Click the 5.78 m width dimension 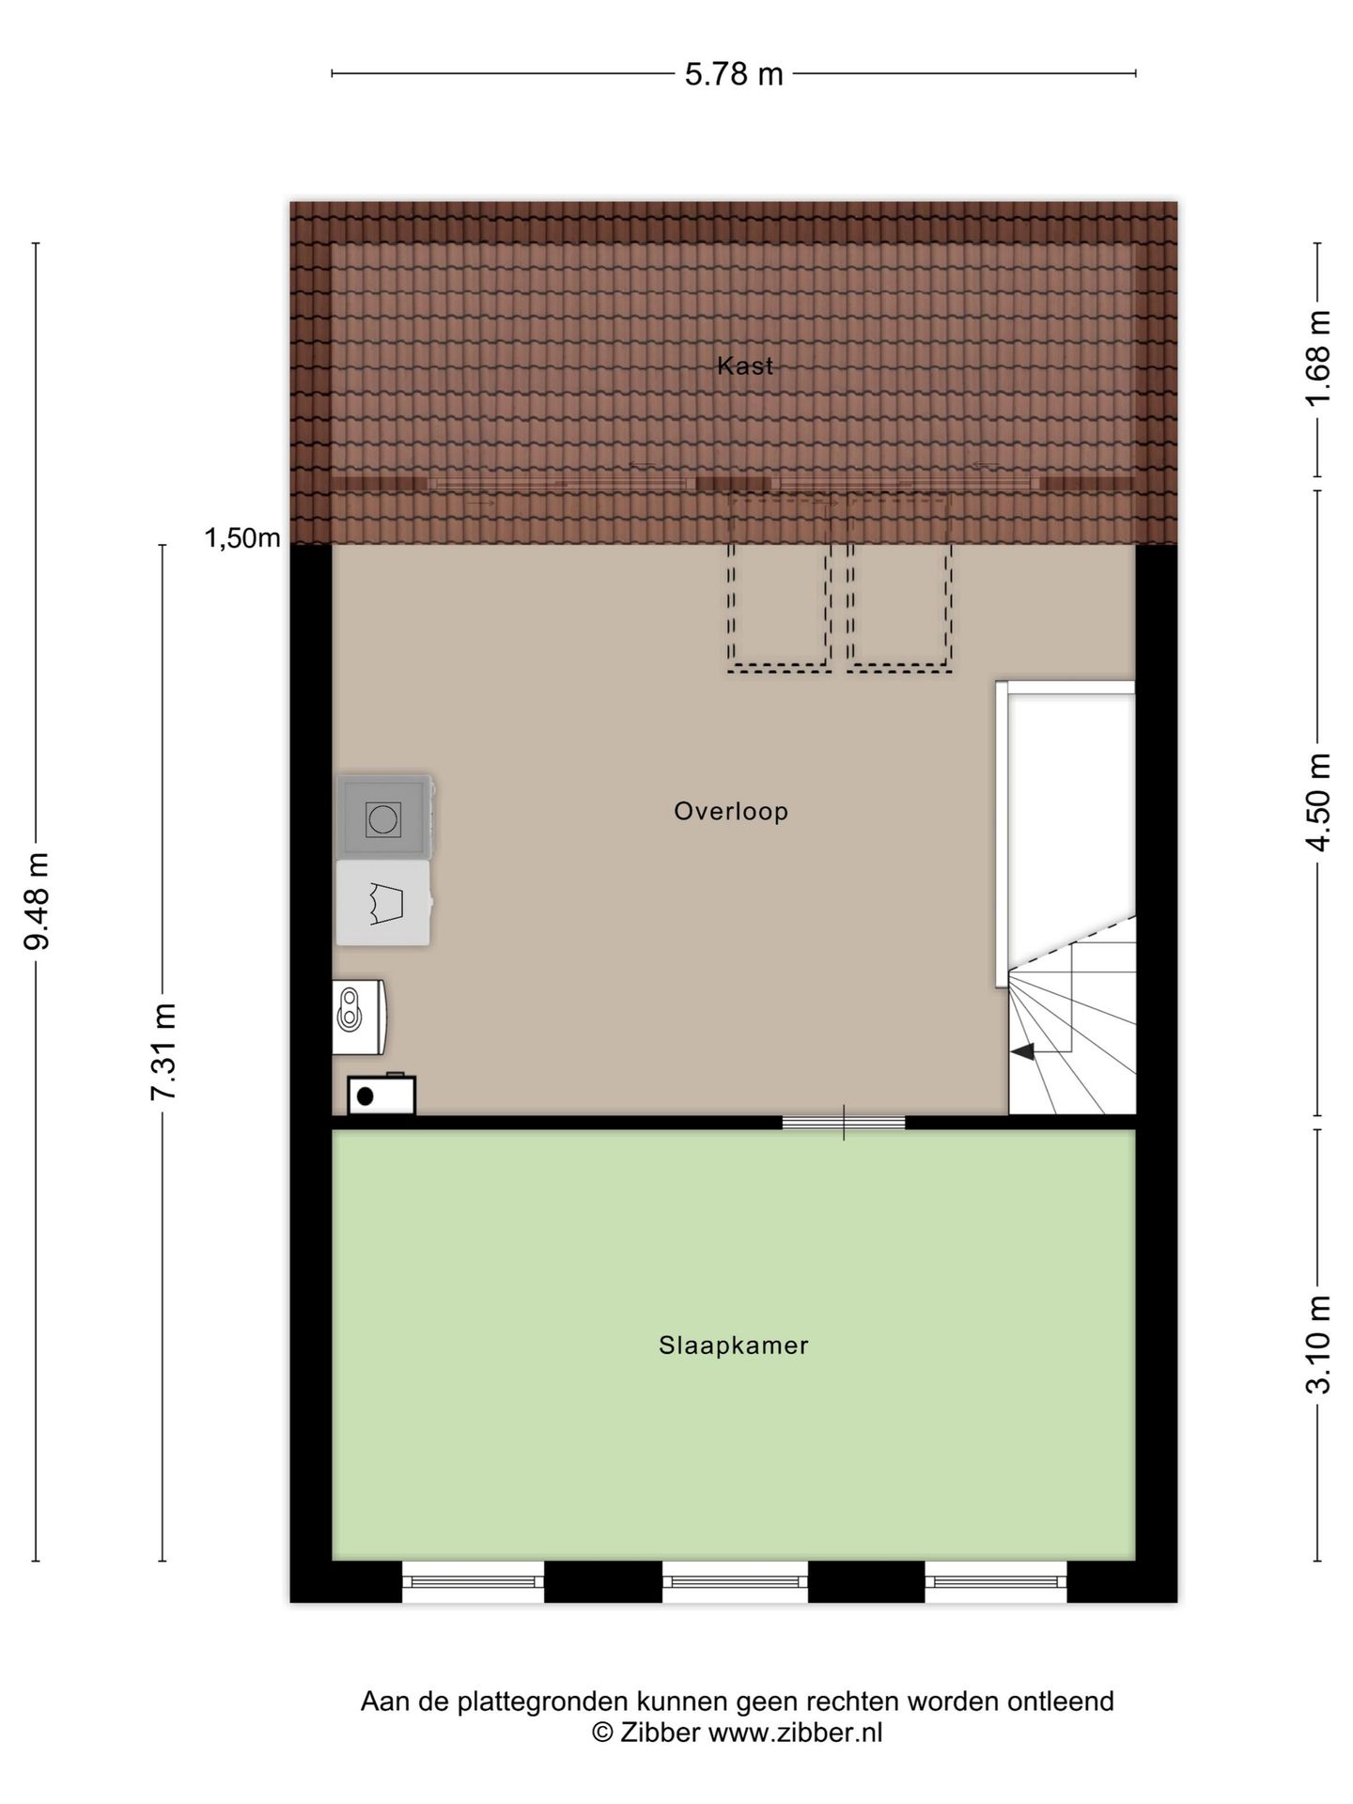tap(733, 73)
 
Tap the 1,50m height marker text tap(242, 538)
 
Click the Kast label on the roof tap(744, 365)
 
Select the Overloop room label tap(730, 811)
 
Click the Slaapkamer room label tap(733, 1345)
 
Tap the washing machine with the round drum tap(383, 817)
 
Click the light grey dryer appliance tap(383, 903)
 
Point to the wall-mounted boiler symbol tap(359, 1017)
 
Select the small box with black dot tap(381, 1095)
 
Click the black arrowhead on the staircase tap(1023, 1051)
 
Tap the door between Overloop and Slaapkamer tap(844, 1122)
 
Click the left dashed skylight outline tap(778, 583)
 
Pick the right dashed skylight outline tap(899, 583)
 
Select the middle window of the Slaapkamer tap(735, 1581)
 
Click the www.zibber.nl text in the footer tap(795, 1733)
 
